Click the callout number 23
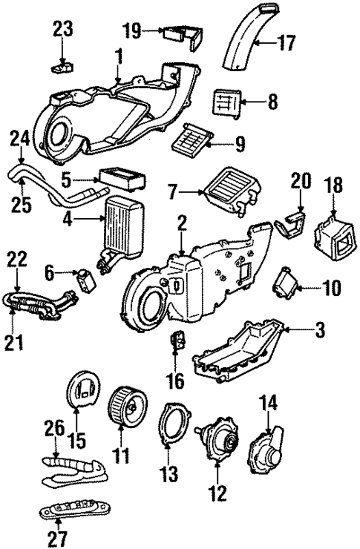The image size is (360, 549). click(x=63, y=30)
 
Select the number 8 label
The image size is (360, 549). click(x=272, y=100)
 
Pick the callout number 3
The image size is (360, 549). click(x=319, y=329)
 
